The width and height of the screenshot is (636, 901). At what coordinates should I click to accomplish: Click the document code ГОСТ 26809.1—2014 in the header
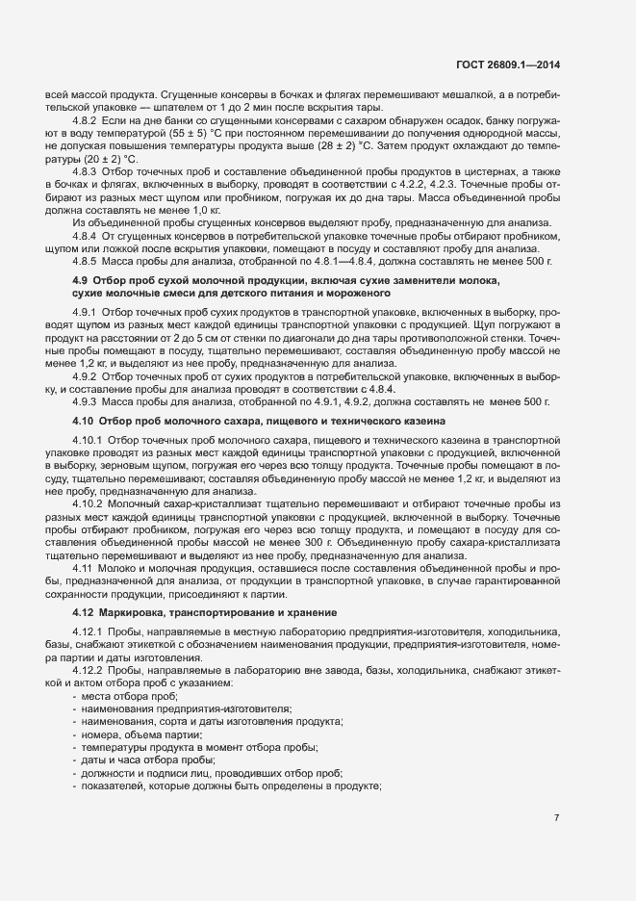[508, 65]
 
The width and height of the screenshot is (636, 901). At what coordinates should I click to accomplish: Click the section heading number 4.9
[81, 279]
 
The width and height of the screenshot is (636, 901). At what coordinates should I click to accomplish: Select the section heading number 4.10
[84, 420]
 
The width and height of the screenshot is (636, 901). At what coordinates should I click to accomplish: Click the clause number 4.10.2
[89, 503]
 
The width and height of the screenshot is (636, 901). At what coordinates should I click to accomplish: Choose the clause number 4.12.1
[89, 631]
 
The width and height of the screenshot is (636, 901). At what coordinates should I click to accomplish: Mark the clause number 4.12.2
[89, 670]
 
